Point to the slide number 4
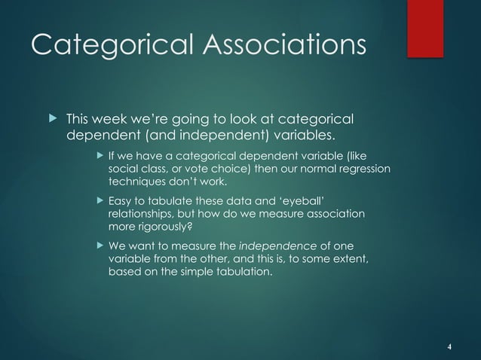coord(449,346)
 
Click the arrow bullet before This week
coord(51,121)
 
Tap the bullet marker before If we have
coord(100,157)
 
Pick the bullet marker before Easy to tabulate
coord(100,202)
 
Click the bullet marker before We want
coord(100,246)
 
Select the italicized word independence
coord(274,246)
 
